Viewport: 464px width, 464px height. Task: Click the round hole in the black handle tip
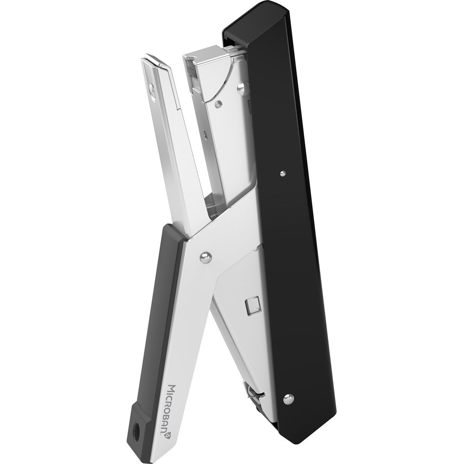coord(137,436)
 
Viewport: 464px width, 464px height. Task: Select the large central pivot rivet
coord(206,258)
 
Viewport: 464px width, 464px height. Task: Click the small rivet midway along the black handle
coord(283,173)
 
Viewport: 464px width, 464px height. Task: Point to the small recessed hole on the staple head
coord(219,103)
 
